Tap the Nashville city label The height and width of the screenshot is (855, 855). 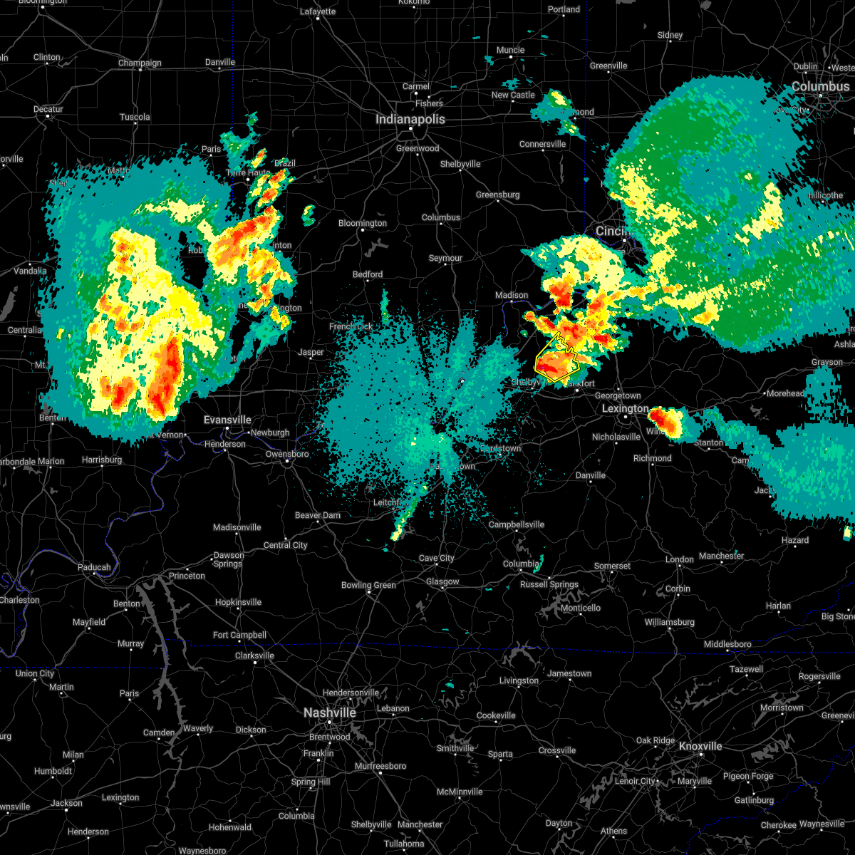click(x=329, y=712)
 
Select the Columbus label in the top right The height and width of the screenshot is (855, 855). click(x=820, y=86)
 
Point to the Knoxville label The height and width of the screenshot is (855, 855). click(x=700, y=746)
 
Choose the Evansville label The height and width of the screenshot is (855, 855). click(x=227, y=420)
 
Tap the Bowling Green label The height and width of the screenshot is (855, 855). click(x=368, y=585)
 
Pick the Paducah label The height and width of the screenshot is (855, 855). click(x=94, y=567)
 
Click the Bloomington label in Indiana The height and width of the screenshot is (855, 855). click(x=363, y=223)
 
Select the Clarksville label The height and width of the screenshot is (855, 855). click(x=254, y=655)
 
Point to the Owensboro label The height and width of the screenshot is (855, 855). click(x=287, y=454)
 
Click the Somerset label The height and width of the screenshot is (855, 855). click(x=612, y=566)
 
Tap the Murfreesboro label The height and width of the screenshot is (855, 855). click(x=380, y=766)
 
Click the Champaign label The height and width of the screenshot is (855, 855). click(x=140, y=63)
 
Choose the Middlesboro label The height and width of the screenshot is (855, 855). click(x=727, y=644)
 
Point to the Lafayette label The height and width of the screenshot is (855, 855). click(x=318, y=11)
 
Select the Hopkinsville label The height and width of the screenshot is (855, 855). click(x=238, y=602)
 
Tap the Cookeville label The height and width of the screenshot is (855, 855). click(x=496, y=715)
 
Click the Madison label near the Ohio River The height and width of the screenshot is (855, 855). click(x=512, y=295)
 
